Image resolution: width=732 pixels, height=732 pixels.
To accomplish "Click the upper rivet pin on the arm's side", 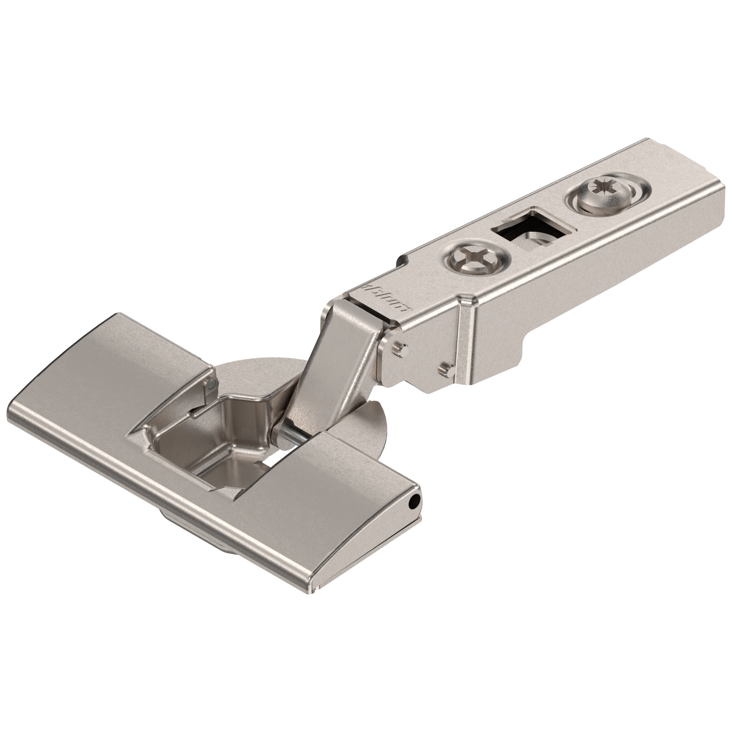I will point(400,335).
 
